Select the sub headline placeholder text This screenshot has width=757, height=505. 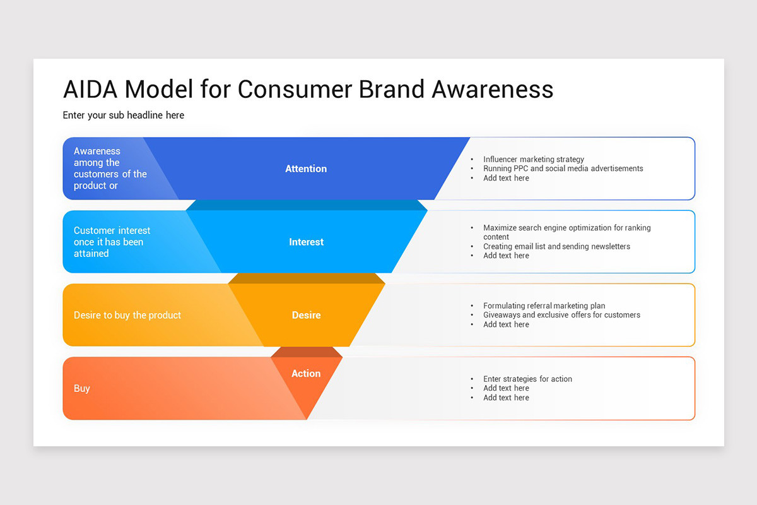click(124, 116)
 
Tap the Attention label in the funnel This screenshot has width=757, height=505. click(306, 169)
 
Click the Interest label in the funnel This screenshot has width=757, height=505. click(306, 242)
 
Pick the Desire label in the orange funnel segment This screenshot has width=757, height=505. click(306, 315)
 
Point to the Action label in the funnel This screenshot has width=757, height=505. click(306, 374)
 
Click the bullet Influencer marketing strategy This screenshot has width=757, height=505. click(534, 160)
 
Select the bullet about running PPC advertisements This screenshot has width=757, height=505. click(563, 169)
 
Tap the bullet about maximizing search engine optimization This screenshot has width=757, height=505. click(566, 228)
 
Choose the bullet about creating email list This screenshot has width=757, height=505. click(556, 246)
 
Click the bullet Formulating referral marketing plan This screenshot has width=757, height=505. click(544, 306)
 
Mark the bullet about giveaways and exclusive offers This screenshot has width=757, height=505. click(561, 315)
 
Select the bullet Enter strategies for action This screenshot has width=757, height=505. click(527, 379)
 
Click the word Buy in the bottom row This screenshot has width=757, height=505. click(82, 389)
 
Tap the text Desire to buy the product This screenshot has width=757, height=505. click(127, 315)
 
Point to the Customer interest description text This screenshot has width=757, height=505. click(112, 242)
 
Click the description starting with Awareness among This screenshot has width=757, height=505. click(110, 169)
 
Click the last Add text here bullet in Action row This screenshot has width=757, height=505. click(506, 398)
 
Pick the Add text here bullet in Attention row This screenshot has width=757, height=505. click(506, 178)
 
